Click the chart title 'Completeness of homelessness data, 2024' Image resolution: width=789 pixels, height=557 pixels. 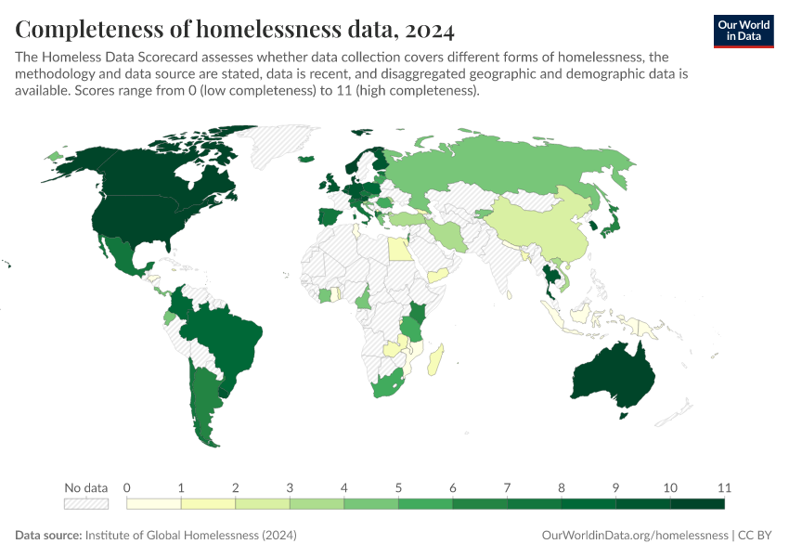click(234, 30)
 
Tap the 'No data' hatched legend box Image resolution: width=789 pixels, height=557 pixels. click(85, 503)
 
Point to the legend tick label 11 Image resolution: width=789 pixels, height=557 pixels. click(724, 487)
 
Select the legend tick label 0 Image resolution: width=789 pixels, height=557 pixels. click(126, 487)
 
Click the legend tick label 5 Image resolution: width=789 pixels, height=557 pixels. click(398, 487)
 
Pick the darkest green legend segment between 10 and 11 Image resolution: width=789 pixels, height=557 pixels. click(697, 503)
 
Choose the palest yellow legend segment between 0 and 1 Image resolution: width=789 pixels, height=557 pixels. click(153, 503)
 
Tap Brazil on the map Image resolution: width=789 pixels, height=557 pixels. click(223, 334)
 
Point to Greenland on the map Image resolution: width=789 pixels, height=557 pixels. click(269, 149)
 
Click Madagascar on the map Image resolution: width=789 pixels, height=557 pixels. click(435, 360)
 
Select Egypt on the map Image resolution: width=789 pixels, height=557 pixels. click(396, 249)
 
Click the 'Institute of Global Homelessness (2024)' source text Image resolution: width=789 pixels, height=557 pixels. click(190, 536)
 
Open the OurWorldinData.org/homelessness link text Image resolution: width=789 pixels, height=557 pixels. click(634, 536)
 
